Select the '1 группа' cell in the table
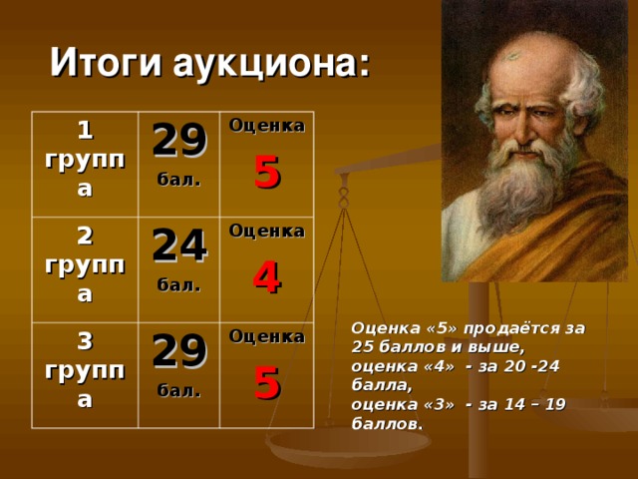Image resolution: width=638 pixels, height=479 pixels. click(85, 160)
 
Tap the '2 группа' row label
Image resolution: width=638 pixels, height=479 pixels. click(85, 264)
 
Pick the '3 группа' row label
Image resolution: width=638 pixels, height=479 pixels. click(85, 370)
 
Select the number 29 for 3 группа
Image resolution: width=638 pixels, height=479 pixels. click(178, 349)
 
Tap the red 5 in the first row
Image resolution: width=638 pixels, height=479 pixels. click(266, 173)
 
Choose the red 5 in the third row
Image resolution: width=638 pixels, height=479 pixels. click(266, 382)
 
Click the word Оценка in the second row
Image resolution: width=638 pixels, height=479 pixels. click(266, 231)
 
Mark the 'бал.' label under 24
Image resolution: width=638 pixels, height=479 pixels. click(178, 285)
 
